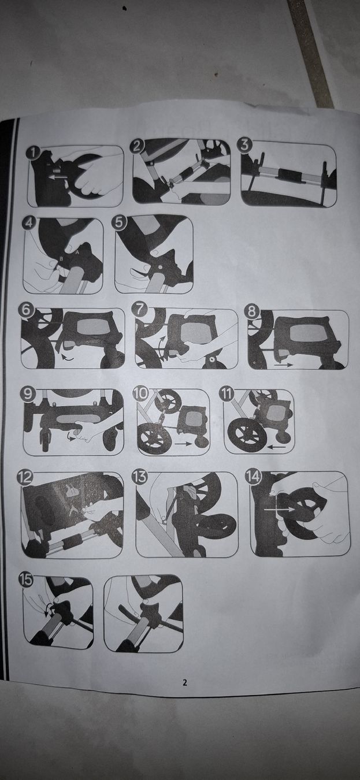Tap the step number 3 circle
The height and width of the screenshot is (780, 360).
tap(245, 145)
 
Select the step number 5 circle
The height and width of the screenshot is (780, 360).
tap(118, 223)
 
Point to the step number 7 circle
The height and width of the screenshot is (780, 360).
tap(139, 310)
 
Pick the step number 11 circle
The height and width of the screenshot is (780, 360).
tap(227, 394)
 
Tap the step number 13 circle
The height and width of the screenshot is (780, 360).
tap(139, 477)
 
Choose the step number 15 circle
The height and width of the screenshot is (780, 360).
tap(26, 580)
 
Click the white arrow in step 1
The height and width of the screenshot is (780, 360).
tap(58, 177)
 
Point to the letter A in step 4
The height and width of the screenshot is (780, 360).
tap(77, 253)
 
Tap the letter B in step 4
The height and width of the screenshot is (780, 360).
tap(61, 259)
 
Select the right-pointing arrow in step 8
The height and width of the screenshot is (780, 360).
tap(283, 366)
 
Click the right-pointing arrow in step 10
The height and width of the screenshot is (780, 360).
tap(183, 444)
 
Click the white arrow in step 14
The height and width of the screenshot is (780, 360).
tap(279, 509)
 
